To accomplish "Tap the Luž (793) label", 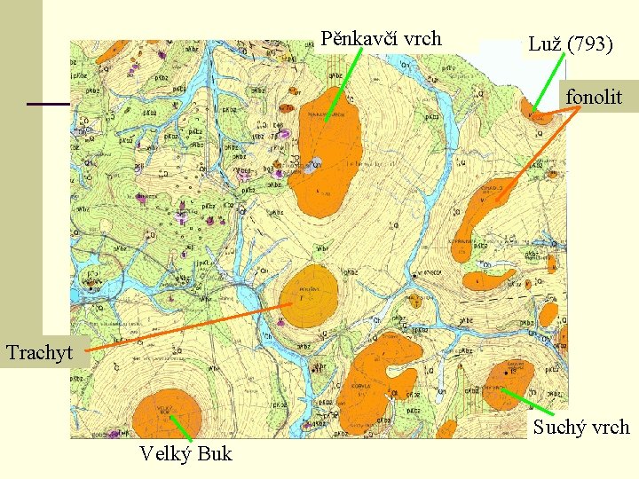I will (x=570, y=43).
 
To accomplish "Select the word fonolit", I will (x=594, y=97).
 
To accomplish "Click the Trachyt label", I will (x=39, y=352).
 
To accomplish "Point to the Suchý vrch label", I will (x=581, y=428).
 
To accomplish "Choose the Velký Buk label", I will (x=185, y=454).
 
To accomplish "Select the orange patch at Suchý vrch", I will (x=508, y=381).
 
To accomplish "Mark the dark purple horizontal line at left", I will (x=49, y=105).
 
